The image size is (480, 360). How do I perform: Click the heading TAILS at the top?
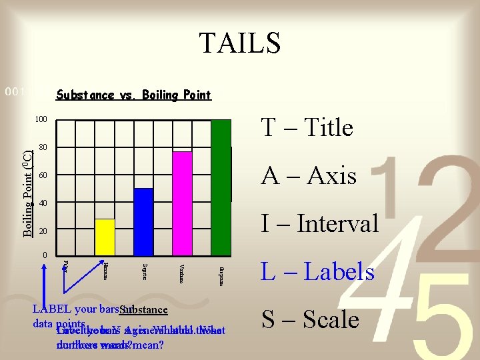pyautogui.click(x=240, y=43)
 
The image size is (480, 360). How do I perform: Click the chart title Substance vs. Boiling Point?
pyautogui.click(x=133, y=95)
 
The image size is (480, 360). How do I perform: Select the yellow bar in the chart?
pyautogui.click(x=105, y=237)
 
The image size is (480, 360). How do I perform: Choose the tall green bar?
pyautogui.click(x=221, y=187)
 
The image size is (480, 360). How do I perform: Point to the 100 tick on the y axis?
pyautogui.click(x=41, y=120)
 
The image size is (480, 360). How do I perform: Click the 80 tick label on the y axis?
pyautogui.click(x=43, y=147)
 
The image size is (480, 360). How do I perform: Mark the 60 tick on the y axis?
pyautogui.click(x=43, y=175)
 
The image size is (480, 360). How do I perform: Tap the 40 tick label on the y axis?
pyautogui.click(x=43, y=203)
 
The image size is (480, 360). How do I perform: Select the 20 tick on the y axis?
pyautogui.click(x=43, y=231)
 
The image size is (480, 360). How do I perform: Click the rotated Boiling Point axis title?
pyautogui.click(x=25, y=193)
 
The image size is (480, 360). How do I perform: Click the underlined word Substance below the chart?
pyautogui.click(x=144, y=310)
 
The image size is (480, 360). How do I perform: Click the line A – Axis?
pyautogui.click(x=309, y=175)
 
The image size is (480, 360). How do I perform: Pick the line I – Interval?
pyautogui.click(x=319, y=223)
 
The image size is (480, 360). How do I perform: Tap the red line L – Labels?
pyautogui.click(x=317, y=271)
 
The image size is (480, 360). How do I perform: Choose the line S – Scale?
pyautogui.click(x=310, y=319)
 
